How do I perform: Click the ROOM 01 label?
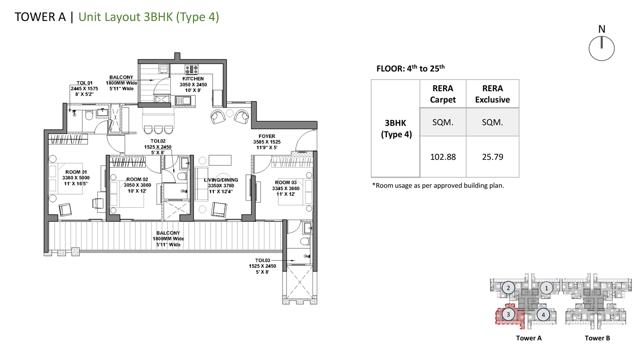76,172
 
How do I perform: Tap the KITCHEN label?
193,78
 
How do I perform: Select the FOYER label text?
267,137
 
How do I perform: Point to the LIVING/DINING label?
221,180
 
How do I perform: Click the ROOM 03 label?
286,183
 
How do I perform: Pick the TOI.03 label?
263,260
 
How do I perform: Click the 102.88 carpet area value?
443,157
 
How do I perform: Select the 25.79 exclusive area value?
493,157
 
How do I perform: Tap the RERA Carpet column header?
443,94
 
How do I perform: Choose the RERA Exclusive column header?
493,94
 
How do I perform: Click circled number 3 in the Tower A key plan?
508,315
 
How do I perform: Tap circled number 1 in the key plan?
546,288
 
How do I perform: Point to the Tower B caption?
597,338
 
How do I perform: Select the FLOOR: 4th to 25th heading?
411,68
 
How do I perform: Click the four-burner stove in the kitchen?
192,69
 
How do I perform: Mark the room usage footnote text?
438,186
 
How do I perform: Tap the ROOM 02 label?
137,179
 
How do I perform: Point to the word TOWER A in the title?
40,17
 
